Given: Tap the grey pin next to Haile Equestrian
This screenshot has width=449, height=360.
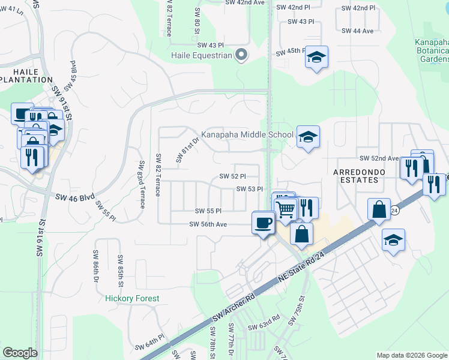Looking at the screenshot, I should (241, 55).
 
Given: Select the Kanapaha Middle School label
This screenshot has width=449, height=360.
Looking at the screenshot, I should (247, 135).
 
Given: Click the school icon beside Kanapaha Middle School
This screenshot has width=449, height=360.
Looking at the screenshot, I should (308, 137).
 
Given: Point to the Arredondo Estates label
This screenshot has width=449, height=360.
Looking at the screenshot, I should (358, 172).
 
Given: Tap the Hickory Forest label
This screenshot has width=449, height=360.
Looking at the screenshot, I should (132, 298).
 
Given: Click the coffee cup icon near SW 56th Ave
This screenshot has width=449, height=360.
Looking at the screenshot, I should (263, 223).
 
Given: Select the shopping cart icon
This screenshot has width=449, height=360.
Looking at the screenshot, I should (286, 209).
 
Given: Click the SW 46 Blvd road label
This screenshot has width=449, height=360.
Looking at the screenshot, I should (75, 197).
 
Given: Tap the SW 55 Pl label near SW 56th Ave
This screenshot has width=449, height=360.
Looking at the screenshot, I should (208, 211).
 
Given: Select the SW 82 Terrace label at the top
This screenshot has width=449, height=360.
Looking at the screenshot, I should (167, 18).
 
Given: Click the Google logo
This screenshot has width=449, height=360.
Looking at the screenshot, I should (20, 352).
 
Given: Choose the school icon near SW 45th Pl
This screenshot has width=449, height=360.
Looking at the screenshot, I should (316, 58).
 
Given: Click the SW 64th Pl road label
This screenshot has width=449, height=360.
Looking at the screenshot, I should (149, 344).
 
